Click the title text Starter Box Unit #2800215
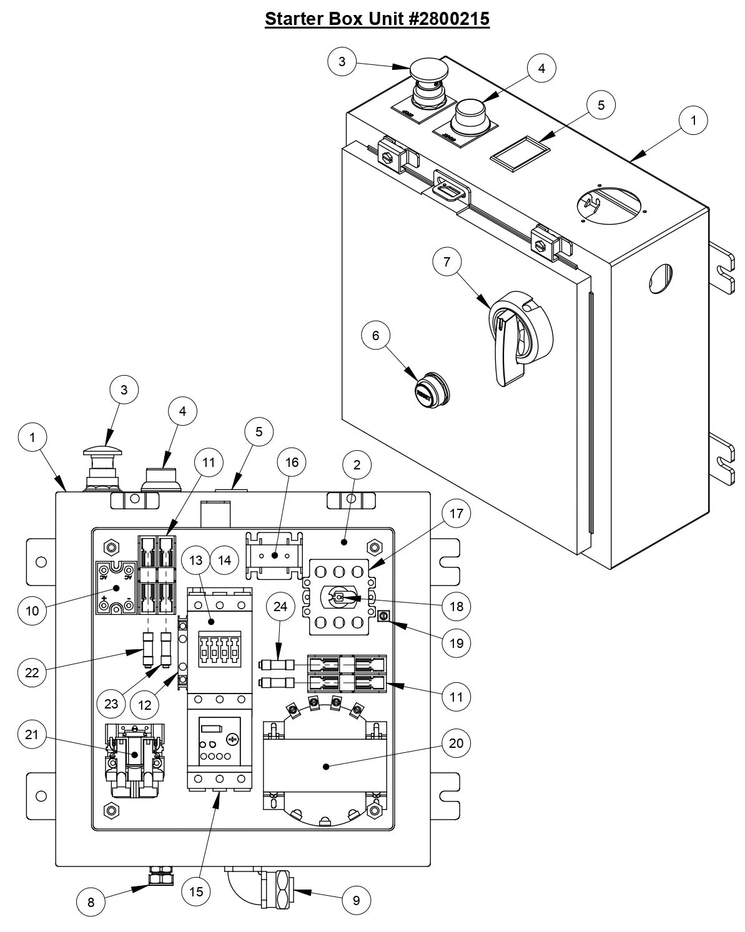(377, 19)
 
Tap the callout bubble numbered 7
(447, 262)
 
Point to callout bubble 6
(375, 335)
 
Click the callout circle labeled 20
(456, 743)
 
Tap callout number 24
(281, 606)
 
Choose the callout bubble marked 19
(456, 642)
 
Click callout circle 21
(32, 735)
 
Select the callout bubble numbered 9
(357, 900)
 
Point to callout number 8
(91, 902)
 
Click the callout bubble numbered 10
(32, 611)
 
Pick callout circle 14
(225, 561)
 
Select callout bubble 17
(456, 513)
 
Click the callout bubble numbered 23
(112, 704)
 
